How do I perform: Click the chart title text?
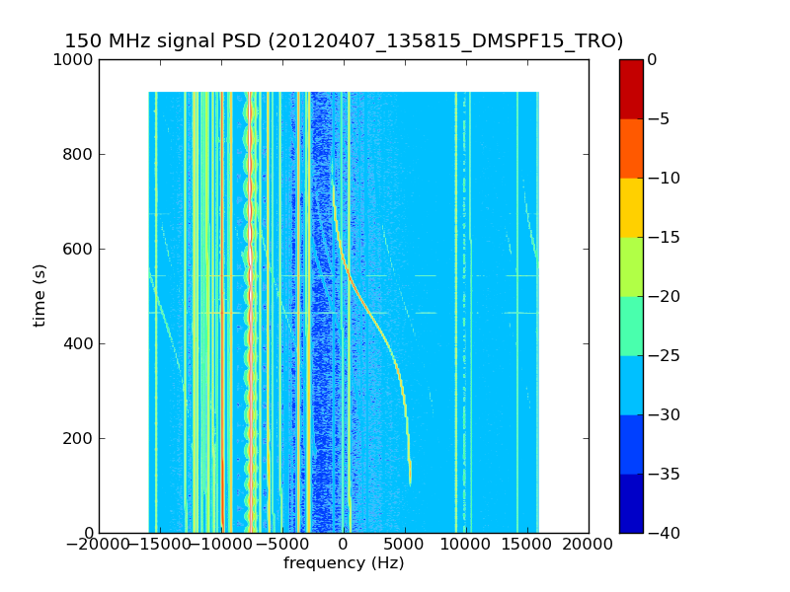[x=344, y=41]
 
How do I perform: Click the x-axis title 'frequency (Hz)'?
[x=344, y=563]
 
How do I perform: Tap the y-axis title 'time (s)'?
[x=39, y=296]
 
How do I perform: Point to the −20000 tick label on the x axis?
[x=99, y=544]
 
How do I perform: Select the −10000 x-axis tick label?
[x=221, y=544]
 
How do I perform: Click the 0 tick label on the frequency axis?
[x=344, y=544]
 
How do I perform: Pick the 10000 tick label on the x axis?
[x=466, y=544]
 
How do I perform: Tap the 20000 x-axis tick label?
[x=589, y=544]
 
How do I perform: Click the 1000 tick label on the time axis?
[x=74, y=59]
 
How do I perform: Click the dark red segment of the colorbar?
[x=631, y=89]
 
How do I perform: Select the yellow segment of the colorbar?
[x=631, y=207]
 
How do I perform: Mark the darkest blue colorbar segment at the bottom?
[x=631, y=503]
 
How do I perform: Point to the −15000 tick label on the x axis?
[x=160, y=544]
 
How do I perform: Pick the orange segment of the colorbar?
[x=631, y=148]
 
